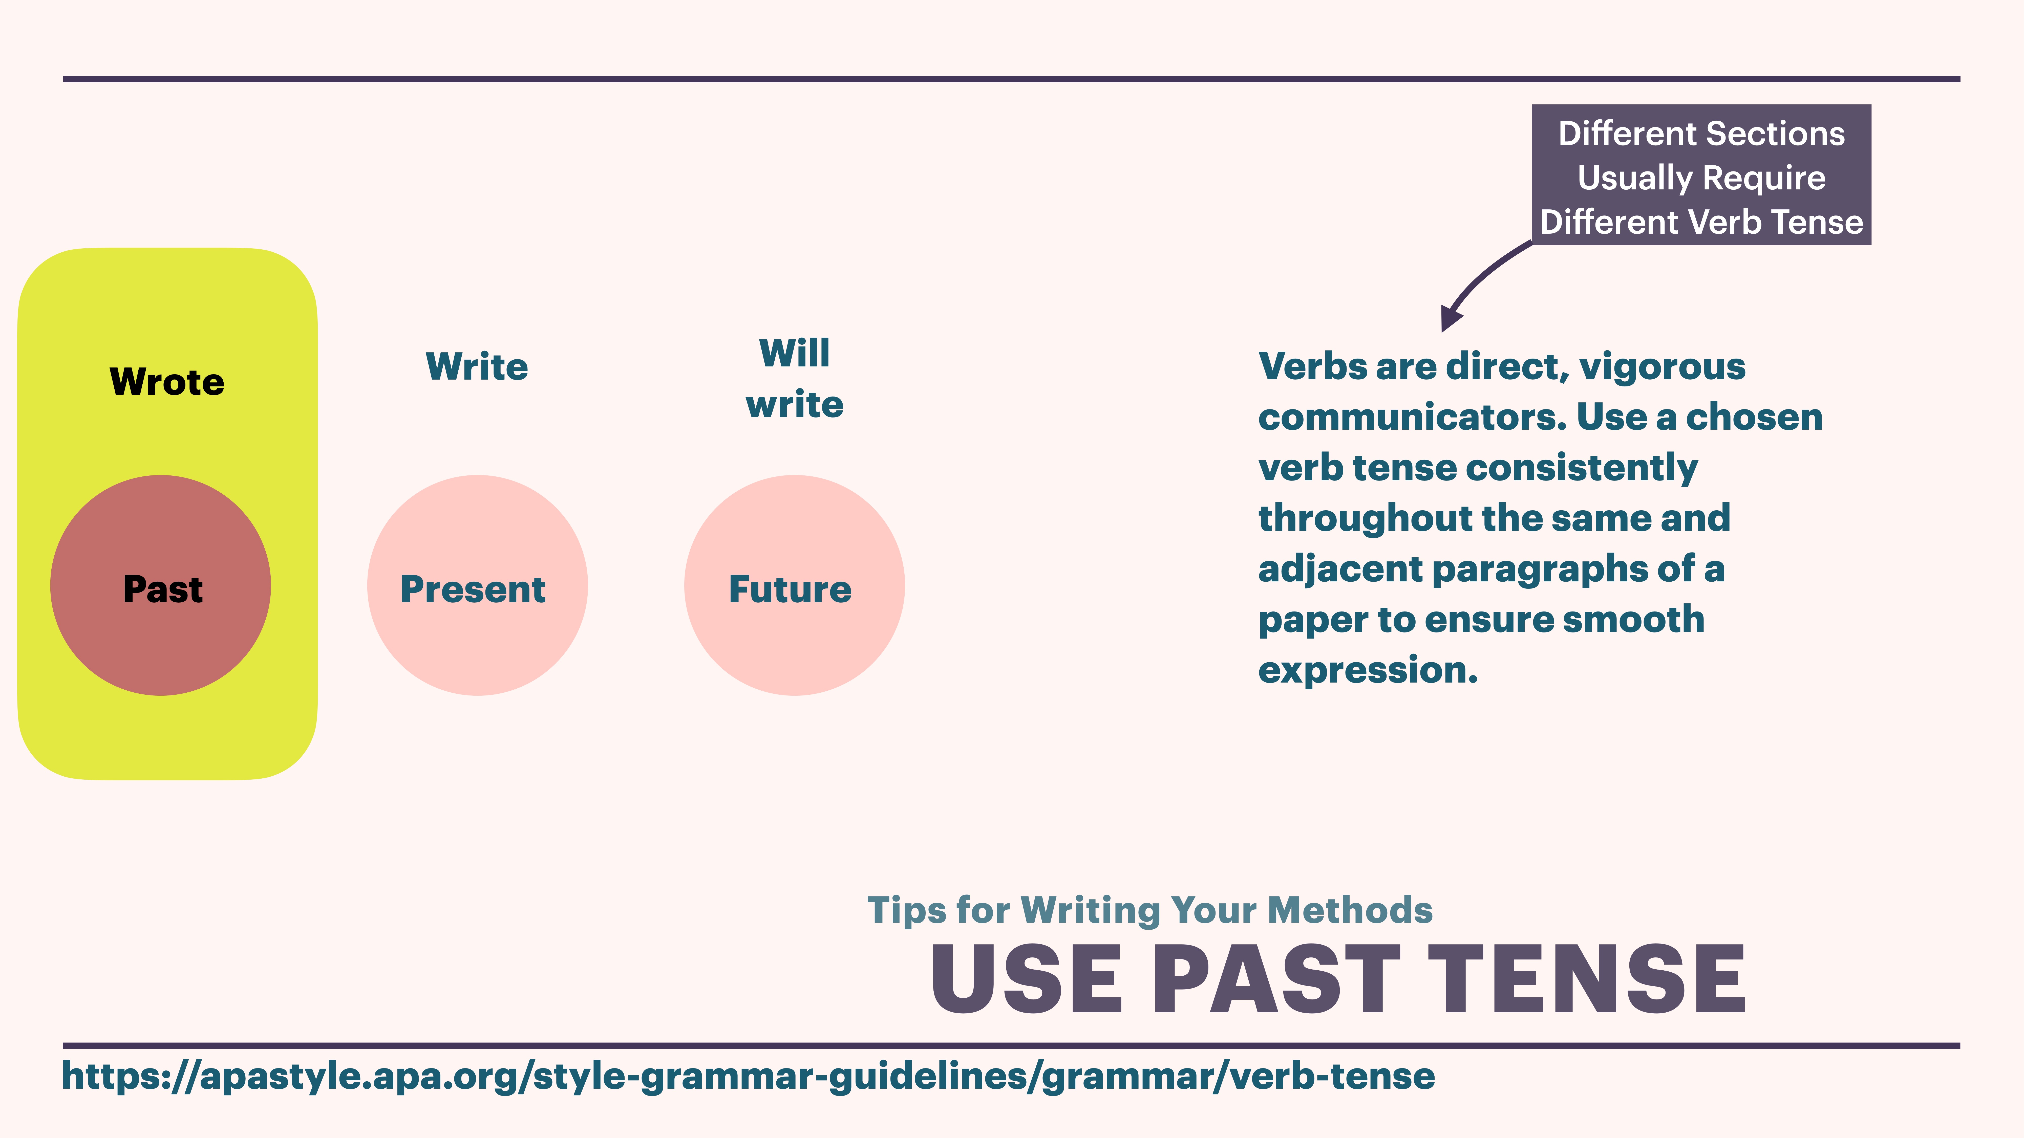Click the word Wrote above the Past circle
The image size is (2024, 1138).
(166, 382)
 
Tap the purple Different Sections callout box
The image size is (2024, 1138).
(1701, 174)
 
